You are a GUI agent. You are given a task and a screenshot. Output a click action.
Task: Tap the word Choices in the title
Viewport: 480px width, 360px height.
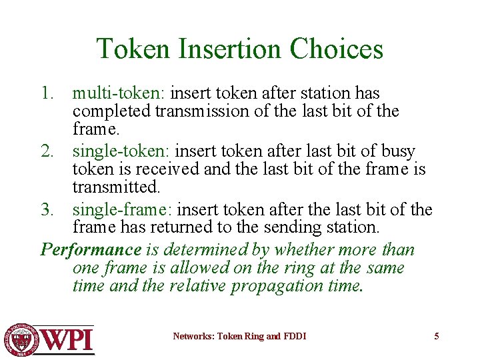337,49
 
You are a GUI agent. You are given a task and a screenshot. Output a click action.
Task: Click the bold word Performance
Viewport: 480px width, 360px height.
91,250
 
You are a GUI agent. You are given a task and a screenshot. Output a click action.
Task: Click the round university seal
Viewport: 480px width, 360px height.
21,339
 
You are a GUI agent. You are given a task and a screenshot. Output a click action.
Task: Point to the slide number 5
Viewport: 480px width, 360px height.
437,336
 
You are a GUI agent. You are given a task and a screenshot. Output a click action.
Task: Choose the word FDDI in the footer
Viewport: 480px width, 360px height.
294,336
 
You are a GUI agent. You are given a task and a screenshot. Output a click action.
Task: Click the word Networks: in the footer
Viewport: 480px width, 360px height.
192,336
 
